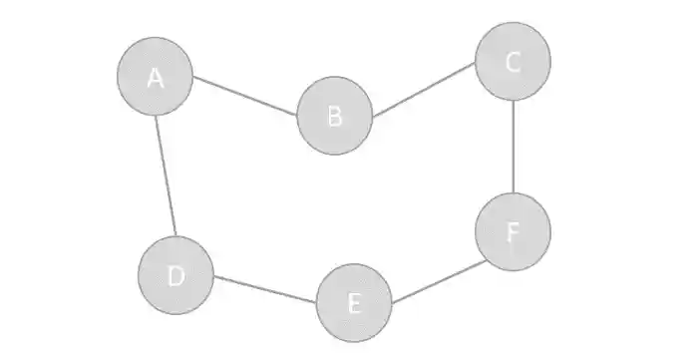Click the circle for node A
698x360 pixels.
(x=155, y=75)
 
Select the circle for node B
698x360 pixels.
(x=335, y=116)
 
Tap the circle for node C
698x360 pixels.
(x=513, y=62)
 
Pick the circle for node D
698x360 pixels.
(x=176, y=275)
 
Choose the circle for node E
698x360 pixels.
(x=354, y=303)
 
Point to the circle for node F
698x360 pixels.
(x=513, y=231)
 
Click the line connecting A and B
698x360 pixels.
(x=245, y=96)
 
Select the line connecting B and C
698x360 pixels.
(x=424, y=89)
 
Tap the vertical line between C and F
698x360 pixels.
(x=513, y=147)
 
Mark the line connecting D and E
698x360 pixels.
(x=265, y=289)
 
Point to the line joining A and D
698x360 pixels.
(x=166, y=176)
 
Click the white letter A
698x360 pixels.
(x=155, y=77)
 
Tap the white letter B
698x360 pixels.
(x=335, y=117)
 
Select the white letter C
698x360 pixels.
(x=513, y=63)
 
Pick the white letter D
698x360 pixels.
(x=176, y=276)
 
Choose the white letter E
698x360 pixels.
(x=354, y=304)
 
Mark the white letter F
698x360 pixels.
(x=513, y=232)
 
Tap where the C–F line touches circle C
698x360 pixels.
(x=513, y=100)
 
